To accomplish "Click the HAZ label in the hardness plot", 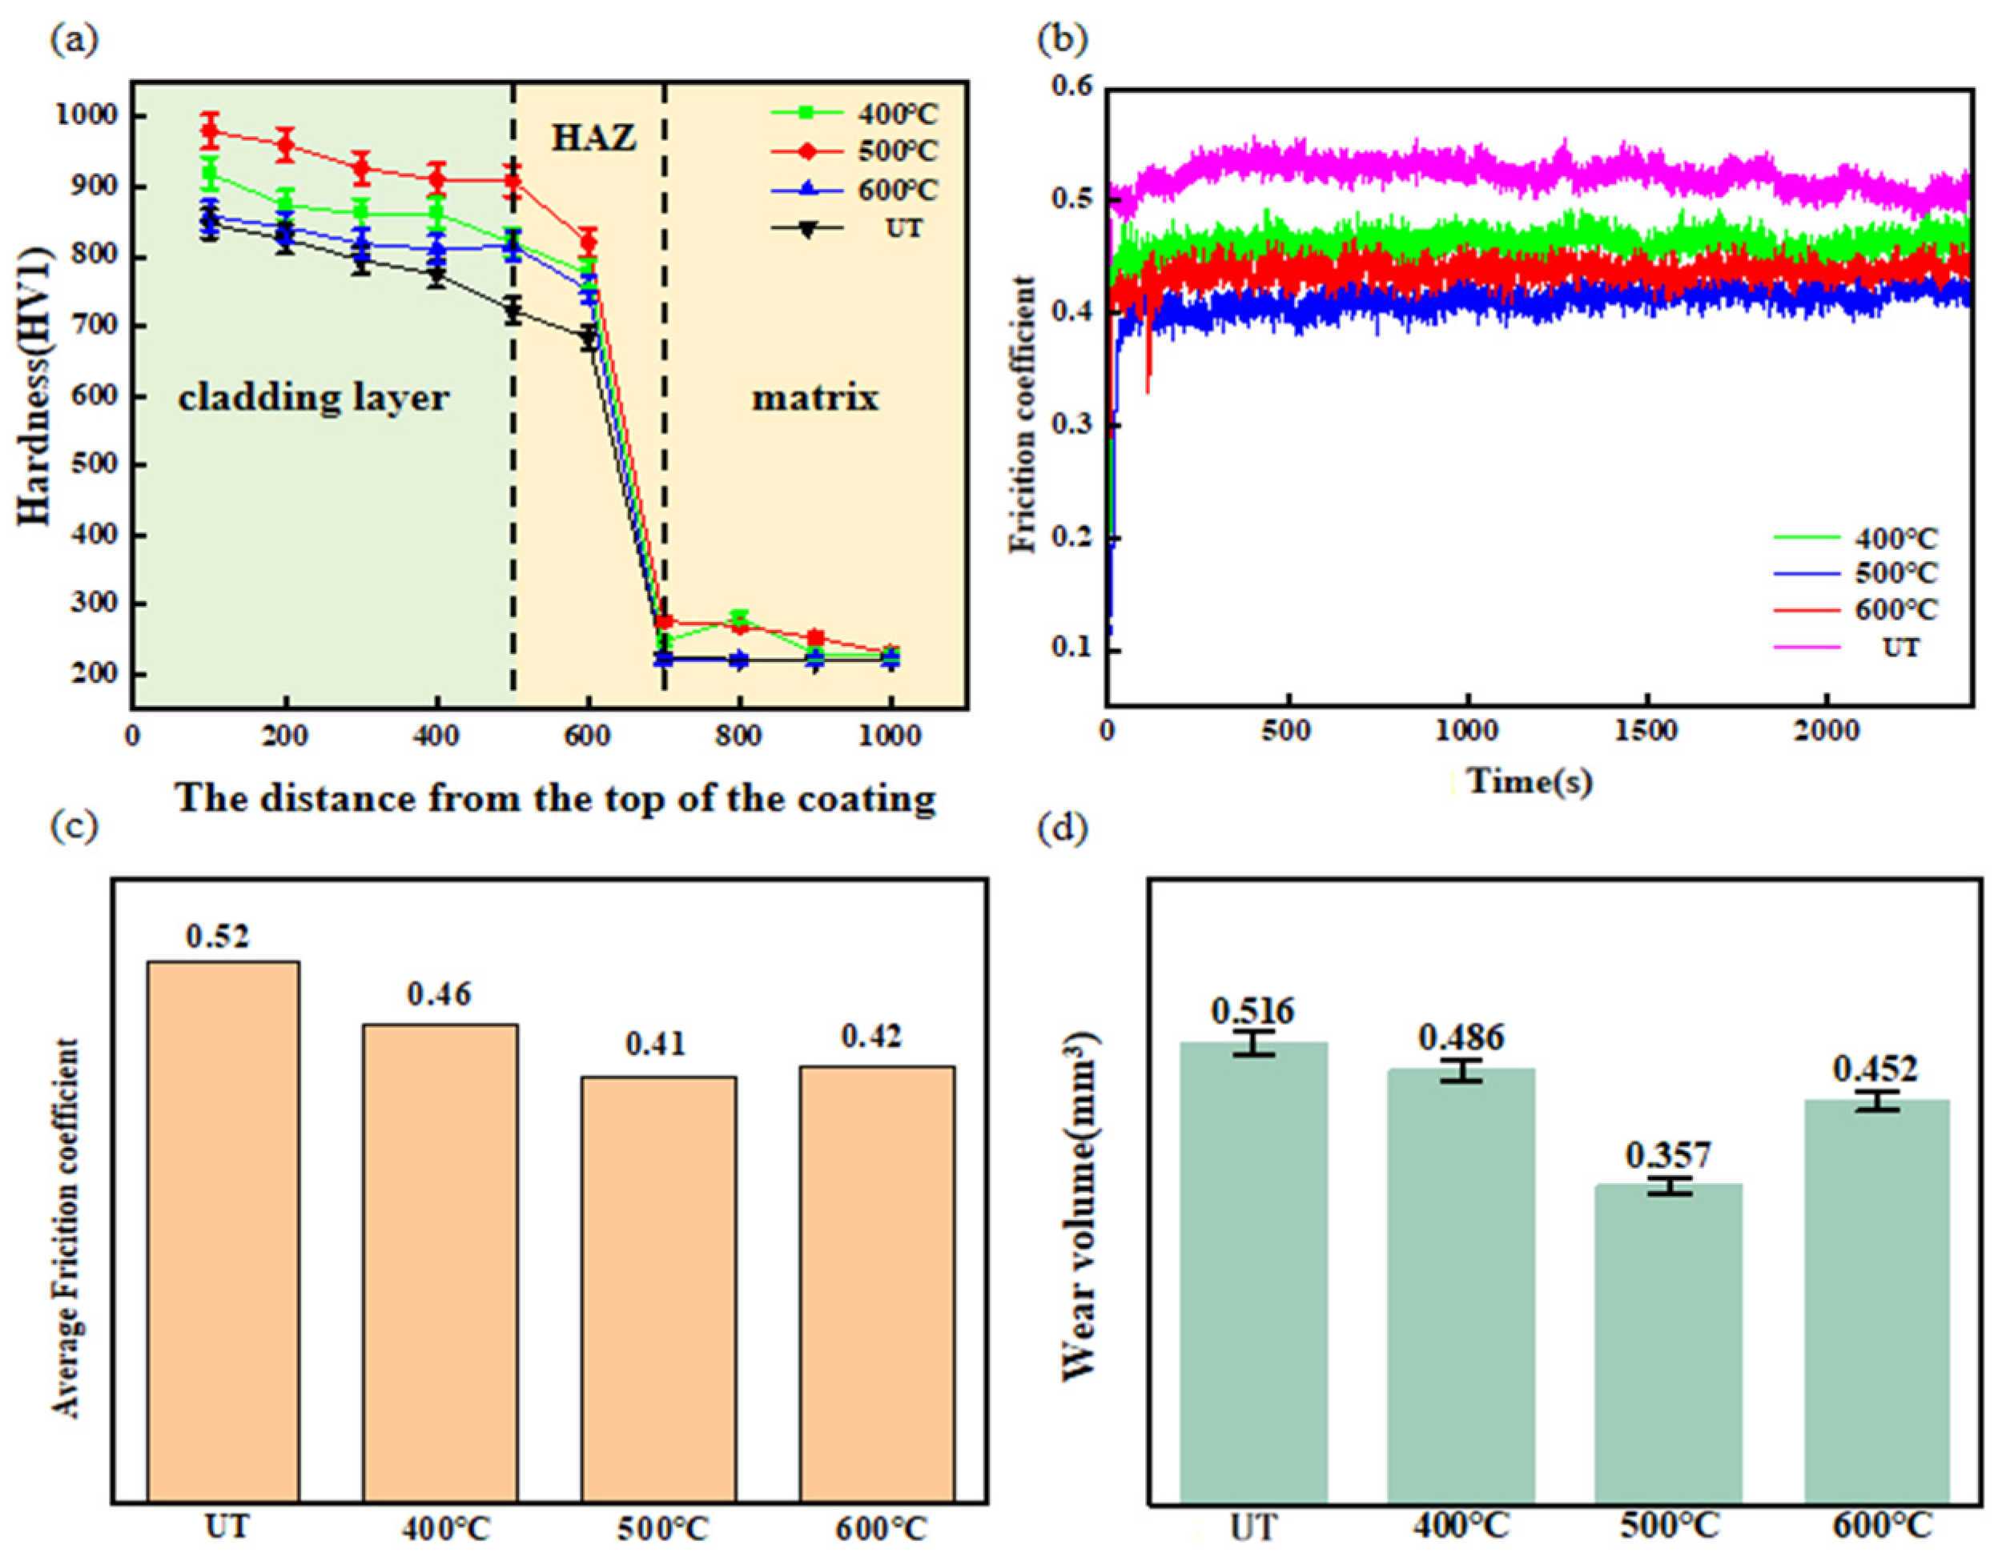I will coord(593,138).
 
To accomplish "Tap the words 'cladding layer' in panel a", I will coord(313,398).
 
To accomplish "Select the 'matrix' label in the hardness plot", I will coord(814,398).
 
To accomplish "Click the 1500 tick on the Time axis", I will coord(1647,732).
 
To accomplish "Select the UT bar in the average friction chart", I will coord(223,1230).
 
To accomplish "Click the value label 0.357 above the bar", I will coord(1668,1154).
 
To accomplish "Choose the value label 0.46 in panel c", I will coord(439,993).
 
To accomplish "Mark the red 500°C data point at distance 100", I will coord(211,131).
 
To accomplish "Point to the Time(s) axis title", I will coord(1530,781).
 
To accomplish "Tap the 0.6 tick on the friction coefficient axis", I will coord(1073,87).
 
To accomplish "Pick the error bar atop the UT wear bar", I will coord(1254,1042).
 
